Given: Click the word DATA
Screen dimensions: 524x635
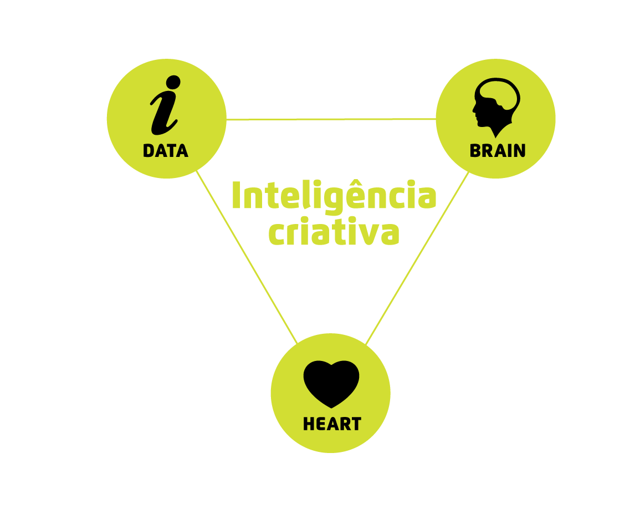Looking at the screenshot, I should pyautogui.click(x=166, y=151).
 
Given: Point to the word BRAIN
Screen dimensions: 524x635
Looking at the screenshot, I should pyautogui.click(x=498, y=151).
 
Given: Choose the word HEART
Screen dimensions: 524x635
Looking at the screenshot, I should pyautogui.click(x=332, y=424).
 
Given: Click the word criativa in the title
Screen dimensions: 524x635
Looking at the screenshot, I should pyautogui.click(x=334, y=233).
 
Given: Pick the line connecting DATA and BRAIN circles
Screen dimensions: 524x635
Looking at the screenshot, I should pyautogui.click(x=331, y=119).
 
